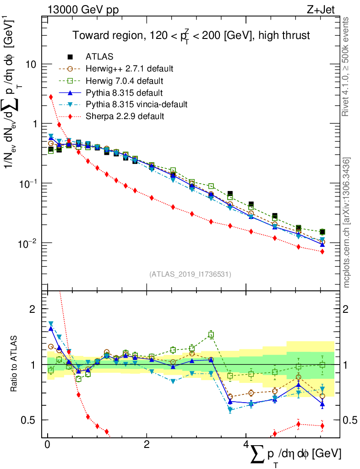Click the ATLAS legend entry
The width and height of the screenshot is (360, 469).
99,57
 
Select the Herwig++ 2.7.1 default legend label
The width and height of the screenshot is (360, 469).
129,69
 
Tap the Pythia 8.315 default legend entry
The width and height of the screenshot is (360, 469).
124,93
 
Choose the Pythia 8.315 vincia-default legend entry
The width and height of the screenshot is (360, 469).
136,104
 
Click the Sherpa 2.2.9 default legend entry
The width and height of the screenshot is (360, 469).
125,116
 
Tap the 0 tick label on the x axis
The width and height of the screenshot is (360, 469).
47,445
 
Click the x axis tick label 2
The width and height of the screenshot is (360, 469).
147,445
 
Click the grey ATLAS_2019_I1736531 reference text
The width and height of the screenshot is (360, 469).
190,274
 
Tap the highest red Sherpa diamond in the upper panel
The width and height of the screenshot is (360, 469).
51,97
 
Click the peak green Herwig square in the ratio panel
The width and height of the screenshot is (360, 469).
211,335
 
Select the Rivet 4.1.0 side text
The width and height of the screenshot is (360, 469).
346,66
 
